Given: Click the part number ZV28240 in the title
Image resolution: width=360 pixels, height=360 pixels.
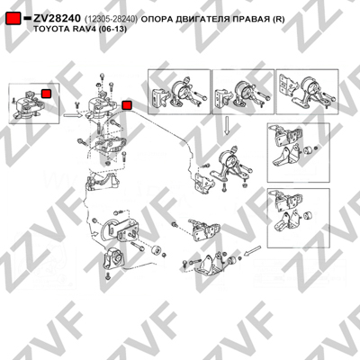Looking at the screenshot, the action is point(57,19).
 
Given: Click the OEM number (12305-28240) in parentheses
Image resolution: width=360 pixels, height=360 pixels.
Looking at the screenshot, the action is point(111,19).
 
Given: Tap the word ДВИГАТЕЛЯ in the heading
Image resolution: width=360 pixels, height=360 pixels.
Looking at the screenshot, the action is point(197,19).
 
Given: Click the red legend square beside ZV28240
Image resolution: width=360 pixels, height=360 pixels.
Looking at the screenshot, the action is point(13,19).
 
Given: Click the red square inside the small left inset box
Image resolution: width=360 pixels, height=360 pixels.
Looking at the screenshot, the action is point(46,94).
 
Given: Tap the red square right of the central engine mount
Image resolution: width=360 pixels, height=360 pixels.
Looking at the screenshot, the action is point(127,105).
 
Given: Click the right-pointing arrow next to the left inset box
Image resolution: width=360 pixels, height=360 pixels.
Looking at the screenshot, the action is point(73,114).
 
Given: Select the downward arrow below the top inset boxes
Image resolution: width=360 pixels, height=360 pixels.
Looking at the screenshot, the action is point(227,125).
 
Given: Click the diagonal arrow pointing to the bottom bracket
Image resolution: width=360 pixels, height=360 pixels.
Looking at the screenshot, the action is point(252,251).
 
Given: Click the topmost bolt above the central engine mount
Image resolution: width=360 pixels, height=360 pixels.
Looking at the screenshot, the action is point(103,76).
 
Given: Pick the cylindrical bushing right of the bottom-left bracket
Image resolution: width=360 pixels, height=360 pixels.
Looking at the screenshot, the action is point(156,250).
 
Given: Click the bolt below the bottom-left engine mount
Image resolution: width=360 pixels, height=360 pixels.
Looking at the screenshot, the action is point(108,276).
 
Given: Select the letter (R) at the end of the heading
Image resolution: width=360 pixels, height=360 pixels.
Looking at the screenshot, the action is point(278,20).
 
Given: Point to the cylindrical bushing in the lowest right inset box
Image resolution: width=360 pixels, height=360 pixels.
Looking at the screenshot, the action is point(308,216).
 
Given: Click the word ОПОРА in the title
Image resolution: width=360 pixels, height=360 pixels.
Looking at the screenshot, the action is point(154,19).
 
